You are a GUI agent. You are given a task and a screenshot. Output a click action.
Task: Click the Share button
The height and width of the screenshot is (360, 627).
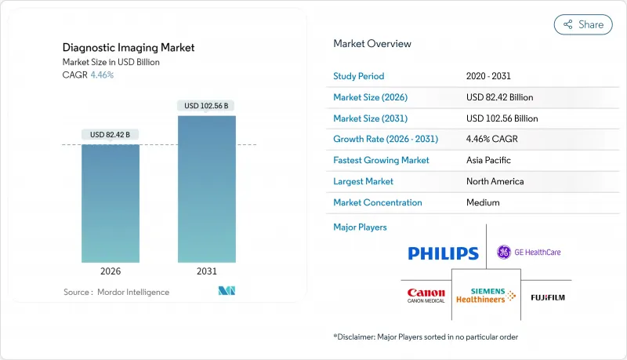[x=583, y=24]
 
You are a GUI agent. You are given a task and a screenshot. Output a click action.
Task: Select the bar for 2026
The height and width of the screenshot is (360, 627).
[x=111, y=203]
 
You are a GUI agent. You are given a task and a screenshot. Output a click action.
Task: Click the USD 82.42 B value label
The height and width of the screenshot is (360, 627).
[x=111, y=134]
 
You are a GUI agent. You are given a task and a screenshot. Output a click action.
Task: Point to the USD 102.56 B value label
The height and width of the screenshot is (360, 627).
[x=207, y=106]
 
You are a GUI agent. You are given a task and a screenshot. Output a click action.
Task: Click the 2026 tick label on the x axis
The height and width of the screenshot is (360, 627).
[x=111, y=271]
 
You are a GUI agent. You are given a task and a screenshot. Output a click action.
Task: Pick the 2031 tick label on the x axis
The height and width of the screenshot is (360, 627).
[x=207, y=271]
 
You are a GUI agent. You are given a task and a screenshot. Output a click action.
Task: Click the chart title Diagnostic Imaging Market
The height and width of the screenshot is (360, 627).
[x=129, y=48]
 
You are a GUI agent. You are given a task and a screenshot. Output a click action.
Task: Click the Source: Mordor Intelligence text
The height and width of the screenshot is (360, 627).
[x=116, y=292]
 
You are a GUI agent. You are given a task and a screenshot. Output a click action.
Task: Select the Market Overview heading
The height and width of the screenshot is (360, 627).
[x=372, y=43]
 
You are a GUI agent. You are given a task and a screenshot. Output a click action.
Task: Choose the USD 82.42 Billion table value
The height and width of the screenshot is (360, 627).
[x=502, y=97]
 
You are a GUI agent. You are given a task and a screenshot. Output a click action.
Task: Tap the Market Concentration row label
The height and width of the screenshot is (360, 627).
[x=378, y=202]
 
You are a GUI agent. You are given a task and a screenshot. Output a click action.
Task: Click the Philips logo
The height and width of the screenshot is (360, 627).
[x=443, y=253]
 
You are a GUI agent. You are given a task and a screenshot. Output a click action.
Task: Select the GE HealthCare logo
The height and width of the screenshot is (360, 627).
[x=529, y=252]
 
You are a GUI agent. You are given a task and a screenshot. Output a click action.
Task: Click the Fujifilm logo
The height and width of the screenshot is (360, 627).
[x=548, y=297]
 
